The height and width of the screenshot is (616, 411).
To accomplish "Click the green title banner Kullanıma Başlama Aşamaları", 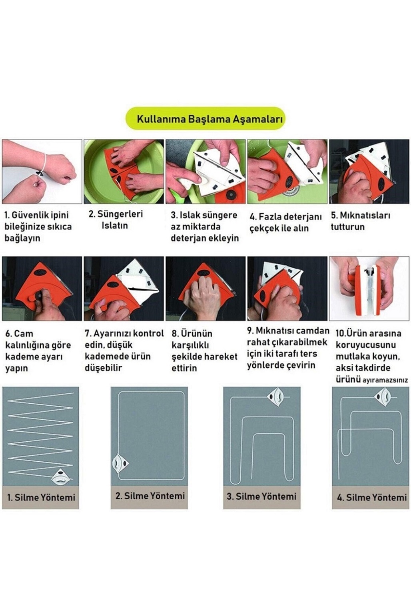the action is click(205, 119).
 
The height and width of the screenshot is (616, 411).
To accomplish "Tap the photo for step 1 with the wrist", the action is click(42, 171).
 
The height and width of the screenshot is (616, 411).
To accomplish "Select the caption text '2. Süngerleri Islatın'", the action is click(116, 220).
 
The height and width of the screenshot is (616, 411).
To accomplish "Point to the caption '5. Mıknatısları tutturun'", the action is click(360, 221).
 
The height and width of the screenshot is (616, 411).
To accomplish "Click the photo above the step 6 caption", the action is click(42, 289).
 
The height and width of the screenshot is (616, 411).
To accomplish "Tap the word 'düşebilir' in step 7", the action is click(103, 368).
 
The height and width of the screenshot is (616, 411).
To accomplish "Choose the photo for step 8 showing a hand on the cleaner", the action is click(205, 289).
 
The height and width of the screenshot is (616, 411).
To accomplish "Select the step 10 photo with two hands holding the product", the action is click(369, 289).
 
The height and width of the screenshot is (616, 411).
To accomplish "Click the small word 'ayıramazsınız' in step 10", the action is click(385, 381).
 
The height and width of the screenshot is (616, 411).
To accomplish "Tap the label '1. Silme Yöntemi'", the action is click(41, 497).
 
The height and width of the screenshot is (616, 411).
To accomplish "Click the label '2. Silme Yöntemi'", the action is click(150, 496).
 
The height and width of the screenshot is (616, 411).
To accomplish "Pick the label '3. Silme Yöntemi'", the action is click(261, 496).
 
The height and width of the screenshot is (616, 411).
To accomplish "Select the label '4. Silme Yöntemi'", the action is click(372, 497).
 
